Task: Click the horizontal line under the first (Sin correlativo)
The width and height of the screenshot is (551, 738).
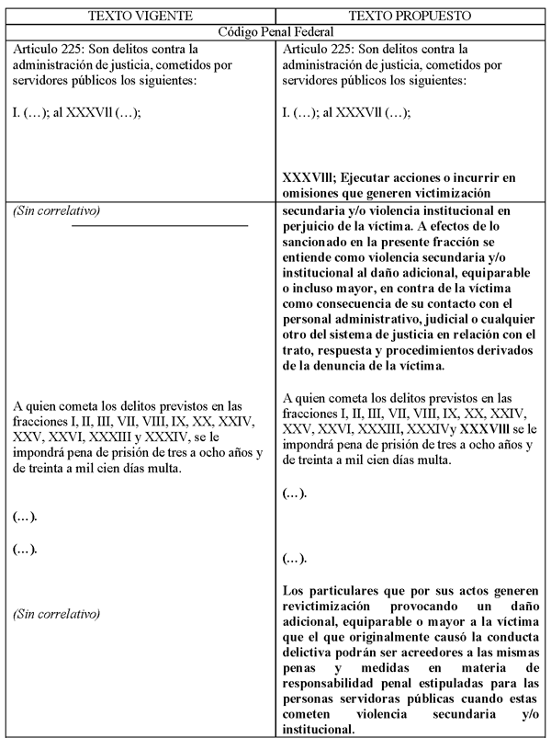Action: tap(160, 224)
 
